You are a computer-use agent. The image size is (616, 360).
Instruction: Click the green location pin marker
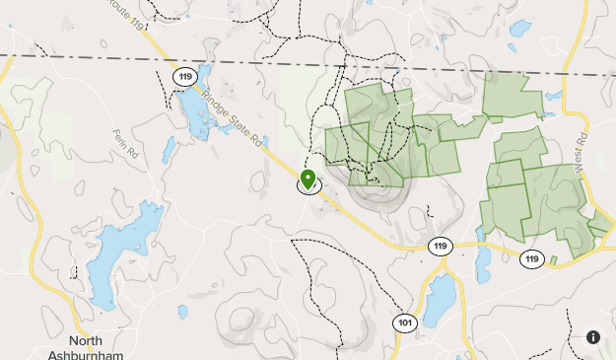(x=308, y=179)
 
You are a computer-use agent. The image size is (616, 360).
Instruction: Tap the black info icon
(x=593, y=337)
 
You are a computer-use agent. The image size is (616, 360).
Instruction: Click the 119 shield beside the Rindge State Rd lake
(x=183, y=75)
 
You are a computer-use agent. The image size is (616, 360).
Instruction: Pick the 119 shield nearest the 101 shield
(x=440, y=245)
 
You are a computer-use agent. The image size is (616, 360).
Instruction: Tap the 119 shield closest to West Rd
(x=532, y=258)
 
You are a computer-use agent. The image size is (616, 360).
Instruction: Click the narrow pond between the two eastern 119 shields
(x=483, y=262)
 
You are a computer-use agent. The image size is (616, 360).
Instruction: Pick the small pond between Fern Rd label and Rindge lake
(x=169, y=149)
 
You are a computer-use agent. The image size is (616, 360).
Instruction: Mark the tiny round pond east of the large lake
(x=181, y=311)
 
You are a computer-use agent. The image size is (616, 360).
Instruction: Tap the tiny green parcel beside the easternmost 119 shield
(x=554, y=260)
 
